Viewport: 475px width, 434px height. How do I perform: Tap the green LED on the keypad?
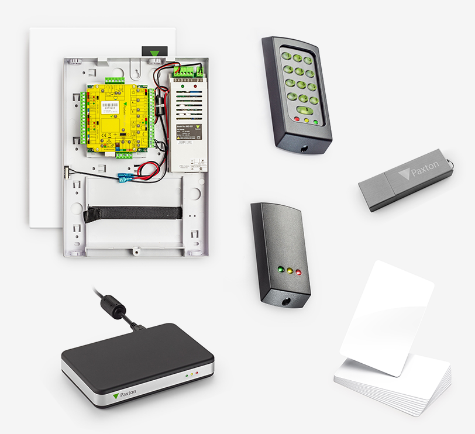(316, 122)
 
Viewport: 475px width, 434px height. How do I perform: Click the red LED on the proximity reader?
(298, 273)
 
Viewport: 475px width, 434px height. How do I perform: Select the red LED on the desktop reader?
(197, 373)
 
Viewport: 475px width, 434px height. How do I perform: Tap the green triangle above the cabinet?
(154, 54)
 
